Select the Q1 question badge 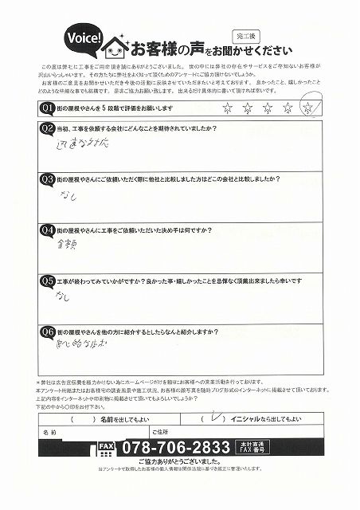tap(46, 107)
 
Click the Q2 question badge tap(46, 127)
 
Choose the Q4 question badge tap(46, 231)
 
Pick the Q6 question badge tap(46, 330)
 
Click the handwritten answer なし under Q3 tap(66, 198)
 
